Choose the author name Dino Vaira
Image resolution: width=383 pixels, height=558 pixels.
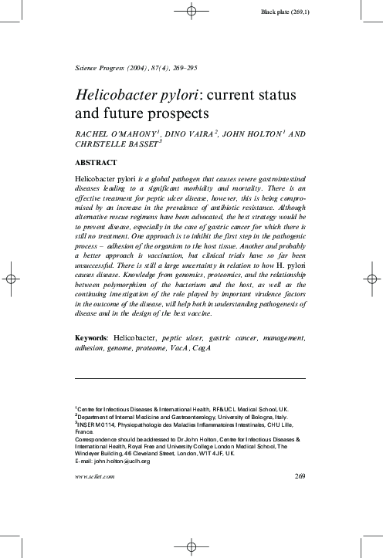(190, 134)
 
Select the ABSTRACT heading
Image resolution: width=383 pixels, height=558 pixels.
(96, 163)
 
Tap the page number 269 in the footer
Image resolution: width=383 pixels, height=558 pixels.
(301, 476)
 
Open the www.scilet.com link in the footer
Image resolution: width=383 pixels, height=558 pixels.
(94, 477)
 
